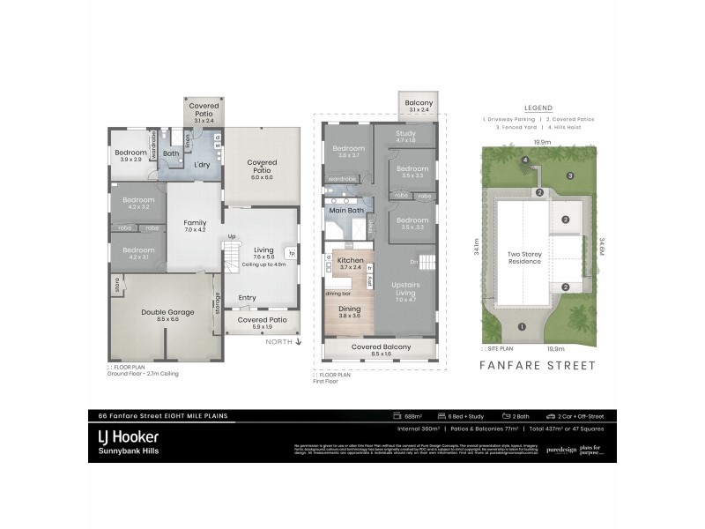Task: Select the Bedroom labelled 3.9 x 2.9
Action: pyautogui.click(x=130, y=155)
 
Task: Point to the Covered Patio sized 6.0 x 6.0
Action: pyautogui.click(x=262, y=167)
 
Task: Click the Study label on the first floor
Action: pyautogui.click(x=405, y=136)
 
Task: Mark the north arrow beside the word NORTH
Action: pyautogui.click(x=300, y=341)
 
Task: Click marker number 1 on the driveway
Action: pyautogui.click(x=522, y=327)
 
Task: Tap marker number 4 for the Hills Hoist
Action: pyautogui.click(x=524, y=160)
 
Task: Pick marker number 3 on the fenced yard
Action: pyautogui.click(x=570, y=176)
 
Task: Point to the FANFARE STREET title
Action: pyautogui.click(x=531, y=363)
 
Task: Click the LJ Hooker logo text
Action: pyautogui.click(x=129, y=436)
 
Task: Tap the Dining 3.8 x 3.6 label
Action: pyautogui.click(x=350, y=311)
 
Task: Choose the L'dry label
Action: pyautogui.click(x=202, y=165)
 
